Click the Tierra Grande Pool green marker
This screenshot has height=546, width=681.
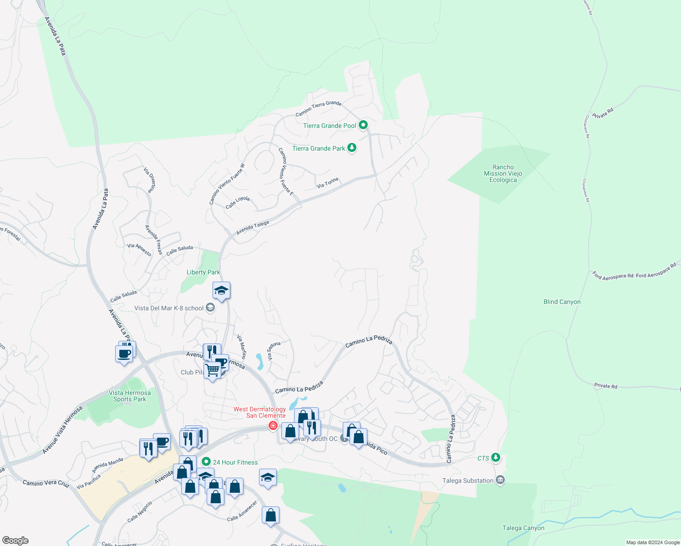(363, 125)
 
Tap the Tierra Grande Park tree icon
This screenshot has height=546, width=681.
(351, 147)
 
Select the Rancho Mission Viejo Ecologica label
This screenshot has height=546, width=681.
(503, 174)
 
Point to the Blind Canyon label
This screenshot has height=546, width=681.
(562, 302)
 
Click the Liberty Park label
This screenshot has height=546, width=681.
(203, 272)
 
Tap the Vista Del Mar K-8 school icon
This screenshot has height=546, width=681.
(210, 308)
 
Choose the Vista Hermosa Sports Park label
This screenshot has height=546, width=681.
(130, 396)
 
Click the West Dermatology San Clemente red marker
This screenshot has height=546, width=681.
(273, 426)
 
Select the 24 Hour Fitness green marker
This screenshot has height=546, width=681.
(206, 462)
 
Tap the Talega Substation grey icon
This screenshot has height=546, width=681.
(500, 480)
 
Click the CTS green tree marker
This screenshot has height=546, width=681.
(496, 457)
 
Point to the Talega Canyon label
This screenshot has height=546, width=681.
(523, 528)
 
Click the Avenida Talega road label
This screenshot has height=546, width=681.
(252, 227)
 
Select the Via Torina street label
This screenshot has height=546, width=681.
(327, 183)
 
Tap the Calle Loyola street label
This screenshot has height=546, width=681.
(238, 202)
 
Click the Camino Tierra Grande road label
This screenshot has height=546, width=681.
(318, 108)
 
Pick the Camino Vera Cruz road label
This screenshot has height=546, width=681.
(46, 483)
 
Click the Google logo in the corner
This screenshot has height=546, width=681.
(15, 541)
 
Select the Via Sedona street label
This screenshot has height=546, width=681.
(273, 351)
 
